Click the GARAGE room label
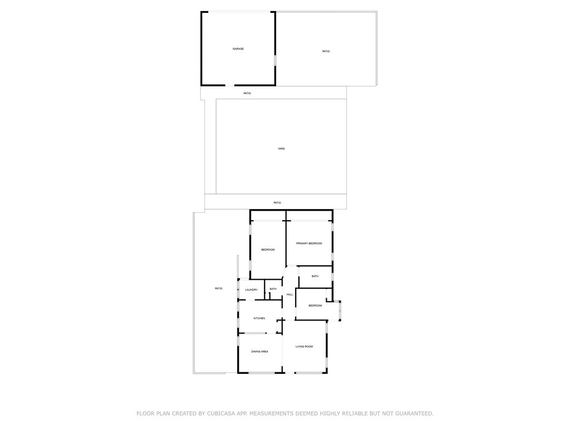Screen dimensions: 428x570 (238, 49)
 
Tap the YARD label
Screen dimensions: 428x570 (281, 149)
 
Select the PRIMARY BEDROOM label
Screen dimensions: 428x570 (309, 244)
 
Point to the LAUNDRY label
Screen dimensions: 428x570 (251, 290)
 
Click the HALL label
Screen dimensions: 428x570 (289, 294)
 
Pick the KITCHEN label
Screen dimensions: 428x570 (259, 318)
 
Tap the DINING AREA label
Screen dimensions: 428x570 (259, 352)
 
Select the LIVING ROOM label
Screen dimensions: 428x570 (304, 347)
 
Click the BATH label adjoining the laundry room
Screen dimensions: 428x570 (273, 289)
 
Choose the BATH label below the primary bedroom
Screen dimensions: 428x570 (315, 276)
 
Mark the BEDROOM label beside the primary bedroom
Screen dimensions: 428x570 (268, 250)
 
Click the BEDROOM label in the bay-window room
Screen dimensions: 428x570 (315, 305)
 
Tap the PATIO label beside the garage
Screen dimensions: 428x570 (326, 51)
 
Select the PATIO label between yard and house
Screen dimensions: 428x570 (277, 203)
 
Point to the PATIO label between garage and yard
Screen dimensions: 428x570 (247, 93)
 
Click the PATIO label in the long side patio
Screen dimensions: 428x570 (219, 288)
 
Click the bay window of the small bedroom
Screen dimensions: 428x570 (340, 310)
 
